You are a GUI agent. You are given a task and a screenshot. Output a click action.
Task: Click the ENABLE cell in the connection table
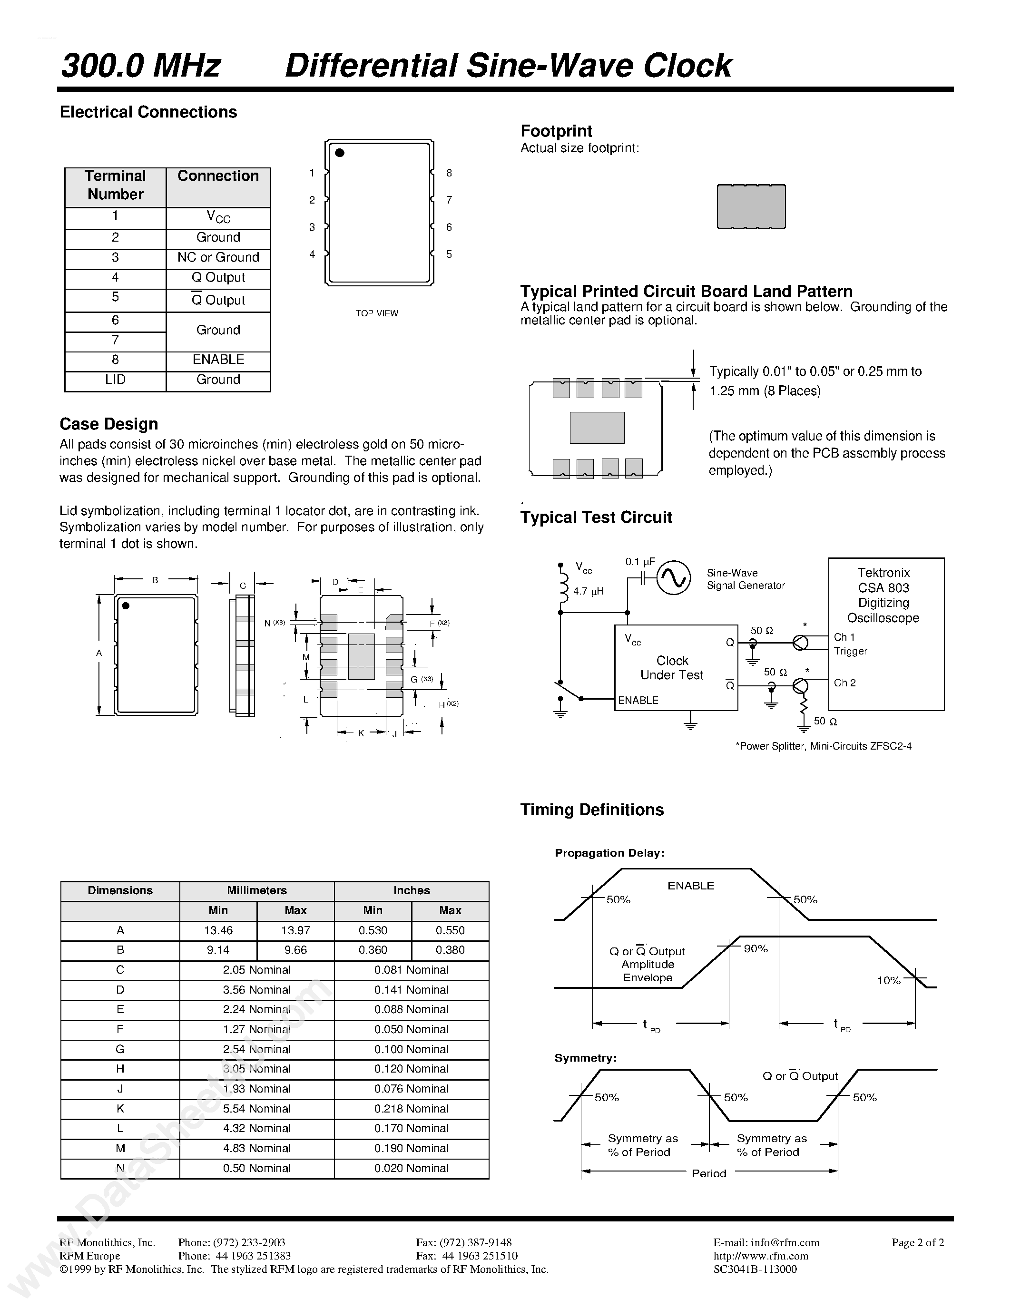[x=218, y=359]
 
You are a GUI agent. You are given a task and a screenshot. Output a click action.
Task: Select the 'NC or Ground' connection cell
[x=218, y=257]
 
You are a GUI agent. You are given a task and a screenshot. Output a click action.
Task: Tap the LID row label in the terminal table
[x=115, y=380]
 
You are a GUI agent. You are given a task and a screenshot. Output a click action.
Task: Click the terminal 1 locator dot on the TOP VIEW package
[x=340, y=153]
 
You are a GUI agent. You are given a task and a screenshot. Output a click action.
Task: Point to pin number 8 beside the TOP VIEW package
[x=449, y=173]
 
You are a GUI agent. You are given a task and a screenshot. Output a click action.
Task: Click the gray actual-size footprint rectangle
[x=751, y=206]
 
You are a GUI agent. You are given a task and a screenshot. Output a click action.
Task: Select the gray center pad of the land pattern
[x=597, y=428]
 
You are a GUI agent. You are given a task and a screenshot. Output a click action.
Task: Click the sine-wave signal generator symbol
[x=673, y=577]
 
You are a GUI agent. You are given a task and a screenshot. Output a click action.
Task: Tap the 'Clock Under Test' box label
[x=672, y=668]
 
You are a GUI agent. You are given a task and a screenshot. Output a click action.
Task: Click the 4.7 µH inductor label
[x=588, y=591]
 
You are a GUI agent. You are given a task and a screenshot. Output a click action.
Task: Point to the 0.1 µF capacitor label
[x=640, y=562]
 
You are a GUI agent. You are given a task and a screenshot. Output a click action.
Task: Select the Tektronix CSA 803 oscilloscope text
[x=883, y=595]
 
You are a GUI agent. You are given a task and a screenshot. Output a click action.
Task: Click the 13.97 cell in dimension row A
[x=295, y=930]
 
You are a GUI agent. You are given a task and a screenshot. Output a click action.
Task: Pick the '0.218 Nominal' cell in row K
[x=412, y=1109]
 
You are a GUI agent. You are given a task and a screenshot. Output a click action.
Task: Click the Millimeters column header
[x=256, y=890]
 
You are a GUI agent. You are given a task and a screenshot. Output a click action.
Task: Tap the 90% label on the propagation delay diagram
[x=755, y=949]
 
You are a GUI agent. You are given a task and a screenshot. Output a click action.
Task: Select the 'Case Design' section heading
[x=109, y=424]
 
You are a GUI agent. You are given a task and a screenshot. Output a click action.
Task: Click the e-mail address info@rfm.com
[x=766, y=1243]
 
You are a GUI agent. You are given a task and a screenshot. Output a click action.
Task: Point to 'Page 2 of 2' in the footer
[x=918, y=1243]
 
